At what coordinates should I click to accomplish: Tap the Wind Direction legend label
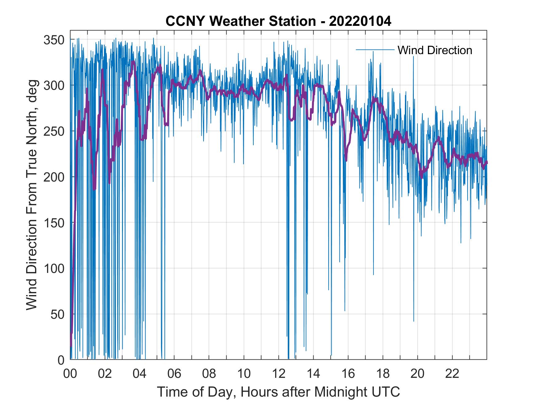click(435, 50)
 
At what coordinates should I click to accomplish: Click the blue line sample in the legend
click(375, 50)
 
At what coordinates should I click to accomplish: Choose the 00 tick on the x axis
click(70, 374)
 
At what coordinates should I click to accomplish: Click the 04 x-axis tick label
click(139, 374)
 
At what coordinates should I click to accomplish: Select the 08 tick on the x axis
click(209, 374)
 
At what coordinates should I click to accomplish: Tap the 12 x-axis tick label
click(279, 374)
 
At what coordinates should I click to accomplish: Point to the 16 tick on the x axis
click(348, 374)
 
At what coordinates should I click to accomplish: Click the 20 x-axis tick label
click(417, 374)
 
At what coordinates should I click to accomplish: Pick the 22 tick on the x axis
click(452, 374)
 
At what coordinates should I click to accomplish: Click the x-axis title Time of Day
click(279, 392)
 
